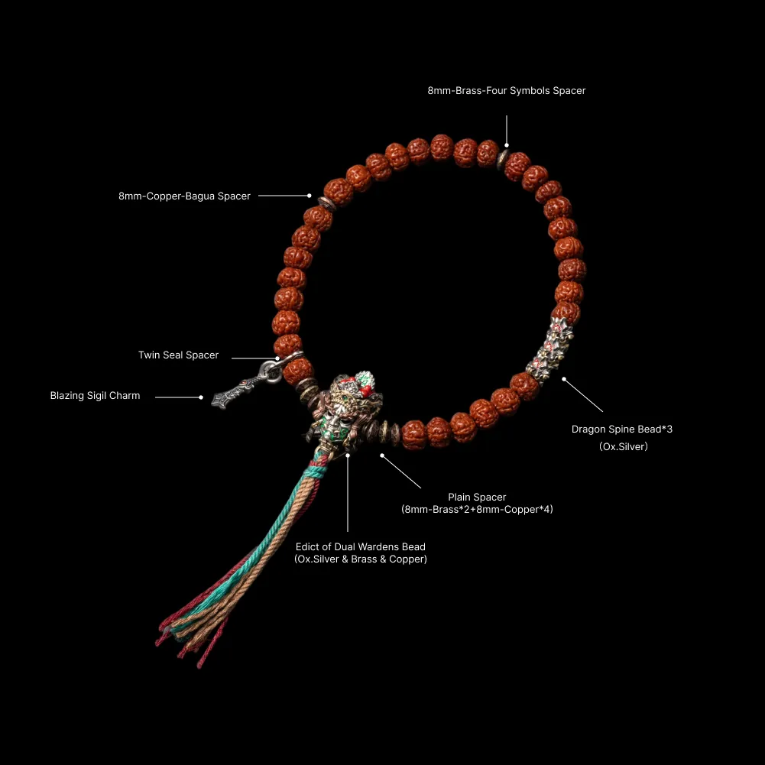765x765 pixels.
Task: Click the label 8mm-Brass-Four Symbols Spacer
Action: point(507,91)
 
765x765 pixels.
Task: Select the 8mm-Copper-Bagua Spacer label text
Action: point(184,196)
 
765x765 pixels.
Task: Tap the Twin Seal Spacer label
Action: point(179,355)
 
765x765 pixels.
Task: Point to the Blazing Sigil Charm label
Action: point(95,396)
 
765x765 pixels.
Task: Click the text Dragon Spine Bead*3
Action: point(622,430)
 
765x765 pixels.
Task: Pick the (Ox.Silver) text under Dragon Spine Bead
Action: point(624,446)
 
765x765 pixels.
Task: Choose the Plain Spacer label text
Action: point(477,498)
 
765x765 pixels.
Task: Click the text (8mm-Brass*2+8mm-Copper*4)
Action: point(477,509)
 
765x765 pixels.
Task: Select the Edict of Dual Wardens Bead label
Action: point(361,547)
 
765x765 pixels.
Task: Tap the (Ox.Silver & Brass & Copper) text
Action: point(361,559)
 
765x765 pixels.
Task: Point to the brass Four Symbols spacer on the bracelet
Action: point(503,160)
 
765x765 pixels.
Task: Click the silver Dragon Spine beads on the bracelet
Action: point(549,349)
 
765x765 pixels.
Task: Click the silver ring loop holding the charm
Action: point(270,371)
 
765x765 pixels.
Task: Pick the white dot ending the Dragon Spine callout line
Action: point(564,379)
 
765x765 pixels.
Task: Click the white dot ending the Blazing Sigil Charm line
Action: point(201,397)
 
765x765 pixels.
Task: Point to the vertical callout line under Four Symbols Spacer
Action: point(507,129)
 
